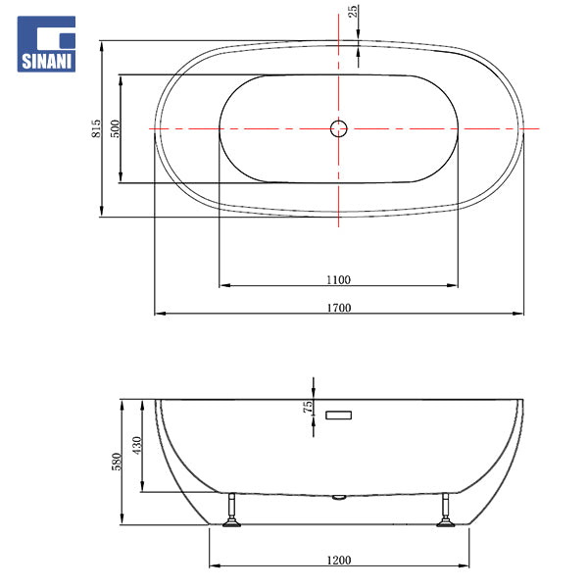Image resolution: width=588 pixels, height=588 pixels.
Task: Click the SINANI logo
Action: pyautogui.click(x=46, y=44)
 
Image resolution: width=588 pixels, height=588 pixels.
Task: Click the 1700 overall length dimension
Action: pyautogui.click(x=339, y=308)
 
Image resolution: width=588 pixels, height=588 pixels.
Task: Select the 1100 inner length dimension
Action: pyautogui.click(x=338, y=279)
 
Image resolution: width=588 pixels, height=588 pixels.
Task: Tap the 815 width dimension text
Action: pyautogui.click(x=96, y=128)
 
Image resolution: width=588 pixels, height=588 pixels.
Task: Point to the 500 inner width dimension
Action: pyautogui.click(x=115, y=128)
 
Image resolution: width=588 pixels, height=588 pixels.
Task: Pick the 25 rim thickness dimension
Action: pyautogui.click(x=353, y=12)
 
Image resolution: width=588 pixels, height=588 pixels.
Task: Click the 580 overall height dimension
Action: pyautogui.click(x=117, y=462)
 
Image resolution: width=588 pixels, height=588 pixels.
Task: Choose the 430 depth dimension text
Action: pyautogui.click(x=137, y=446)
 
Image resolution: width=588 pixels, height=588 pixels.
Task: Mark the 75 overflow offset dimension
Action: pyautogui.click(x=308, y=407)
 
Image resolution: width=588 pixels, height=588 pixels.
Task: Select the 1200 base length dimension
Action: pyautogui.click(x=339, y=561)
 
